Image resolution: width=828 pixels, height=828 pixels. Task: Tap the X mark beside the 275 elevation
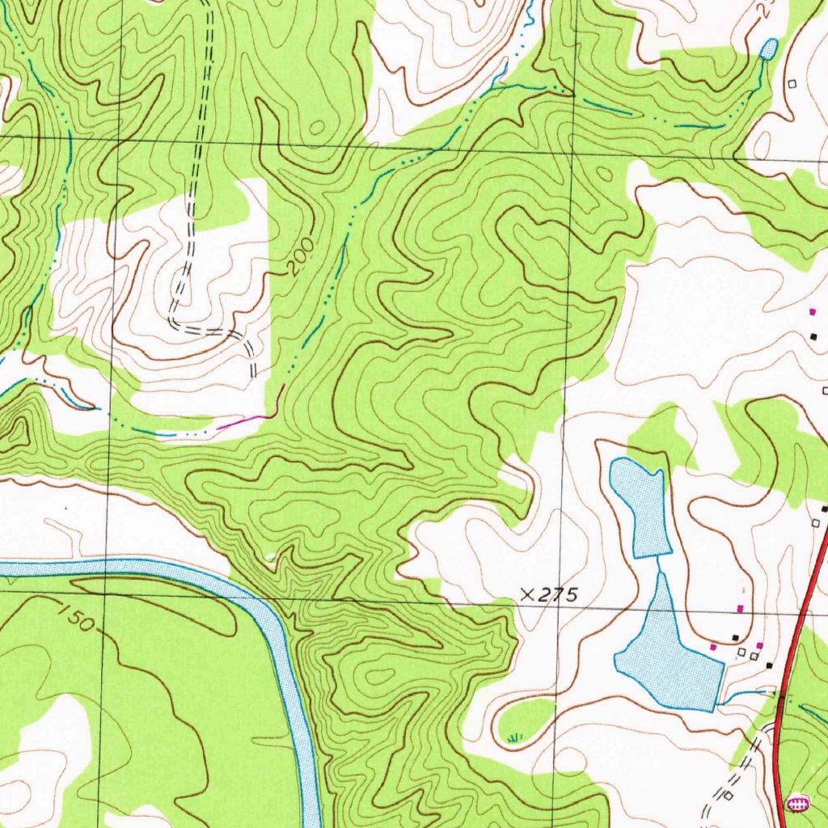pos(527,594)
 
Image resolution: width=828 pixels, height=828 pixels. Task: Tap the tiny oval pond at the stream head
pos(769,49)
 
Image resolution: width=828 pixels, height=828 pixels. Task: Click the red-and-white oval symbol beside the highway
pos(797,804)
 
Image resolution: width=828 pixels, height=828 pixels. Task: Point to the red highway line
pos(796,615)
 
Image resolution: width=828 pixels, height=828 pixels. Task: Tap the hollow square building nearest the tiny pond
pos(792,83)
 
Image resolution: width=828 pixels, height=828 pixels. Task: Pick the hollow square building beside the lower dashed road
pos(729,796)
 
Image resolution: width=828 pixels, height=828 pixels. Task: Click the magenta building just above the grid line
pos(739,608)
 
